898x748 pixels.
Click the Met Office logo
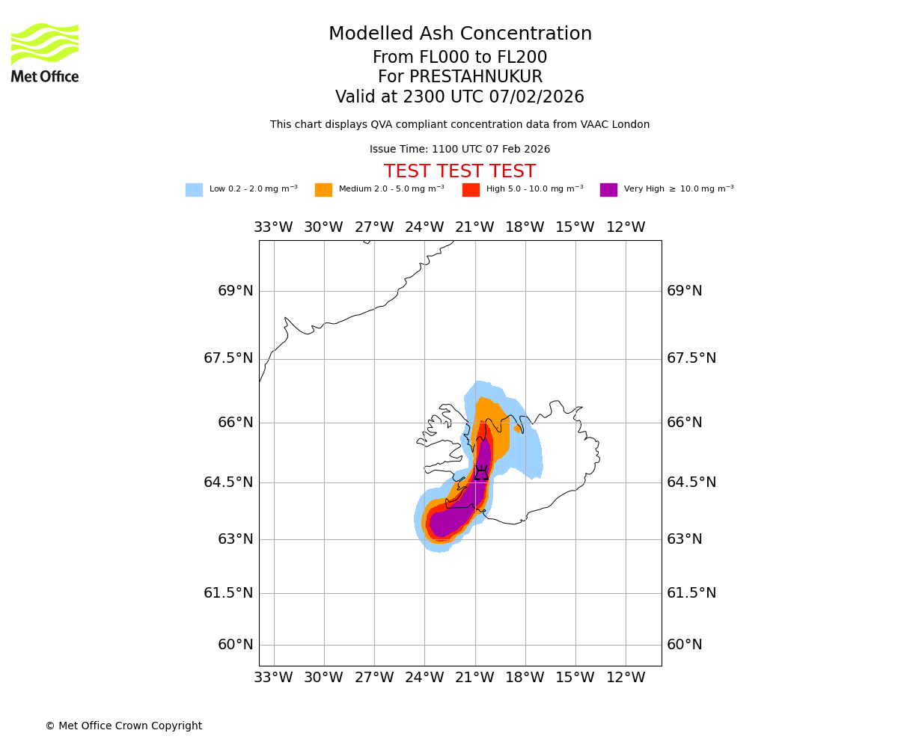(x=45, y=52)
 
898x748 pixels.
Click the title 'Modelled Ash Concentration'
(x=460, y=34)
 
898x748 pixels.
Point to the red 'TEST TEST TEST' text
(x=459, y=172)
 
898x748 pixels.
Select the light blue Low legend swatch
(x=194, y=190)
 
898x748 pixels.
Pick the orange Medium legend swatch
(x=323, y=190)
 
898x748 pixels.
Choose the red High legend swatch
(x=471, y=190)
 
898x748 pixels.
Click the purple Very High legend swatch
(x=608, y=190)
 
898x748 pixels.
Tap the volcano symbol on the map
(x=481, y=473)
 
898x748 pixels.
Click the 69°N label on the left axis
(x=235, y=291)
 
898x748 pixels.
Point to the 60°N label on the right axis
(x=684, y=645)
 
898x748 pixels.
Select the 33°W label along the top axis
(x=273, y=227)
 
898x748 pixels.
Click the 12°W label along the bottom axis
(x=626, y=678)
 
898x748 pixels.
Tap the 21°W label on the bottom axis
(x=474, y=678)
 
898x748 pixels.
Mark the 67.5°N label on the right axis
(x=691, y=358)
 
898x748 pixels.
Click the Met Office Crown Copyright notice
(x=123, y=726)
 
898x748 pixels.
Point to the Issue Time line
(x=459, y=150)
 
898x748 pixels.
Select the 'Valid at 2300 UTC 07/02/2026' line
(x=459, y=97)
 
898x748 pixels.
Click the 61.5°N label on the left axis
(x=228, y=593)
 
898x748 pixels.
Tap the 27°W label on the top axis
(x=374, y=227)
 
